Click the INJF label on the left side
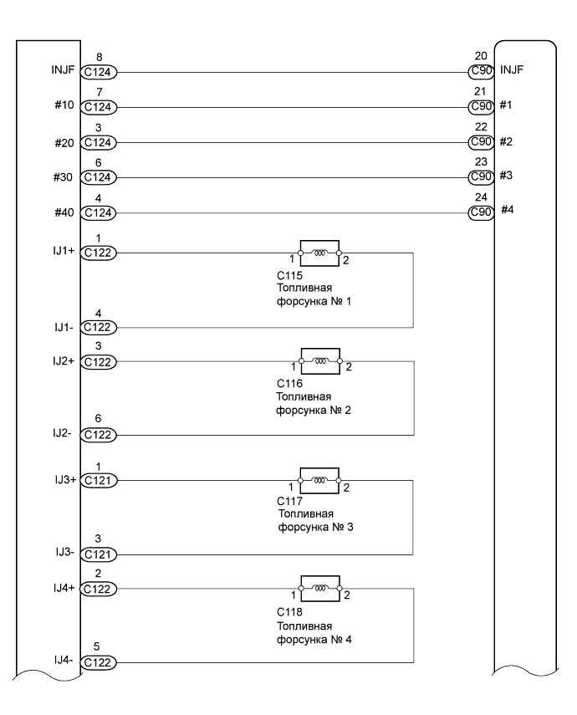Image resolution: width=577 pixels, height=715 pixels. tap(62, 70)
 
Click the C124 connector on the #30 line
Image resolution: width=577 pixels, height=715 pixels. tap(100, 178)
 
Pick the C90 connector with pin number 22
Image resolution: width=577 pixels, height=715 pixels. tap(481, 142)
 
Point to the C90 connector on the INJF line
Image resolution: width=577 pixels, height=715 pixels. tap(481, 71)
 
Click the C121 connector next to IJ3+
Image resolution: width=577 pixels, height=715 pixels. tap(100, 481)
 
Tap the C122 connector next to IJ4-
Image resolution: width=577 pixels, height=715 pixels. tap(100, 663)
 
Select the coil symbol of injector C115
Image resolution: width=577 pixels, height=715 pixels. tap(319, 251)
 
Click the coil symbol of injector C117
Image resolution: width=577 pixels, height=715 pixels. tap(319, 480)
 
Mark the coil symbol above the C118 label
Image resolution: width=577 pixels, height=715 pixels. tap(319, 589)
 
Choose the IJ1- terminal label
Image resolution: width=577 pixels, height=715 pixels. tap(64, 327)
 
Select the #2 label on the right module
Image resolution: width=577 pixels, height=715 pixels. tap(506, 141)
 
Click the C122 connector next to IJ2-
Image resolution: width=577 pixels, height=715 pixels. tap(100, 435)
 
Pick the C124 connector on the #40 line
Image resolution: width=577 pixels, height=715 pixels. tap(100, 213)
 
